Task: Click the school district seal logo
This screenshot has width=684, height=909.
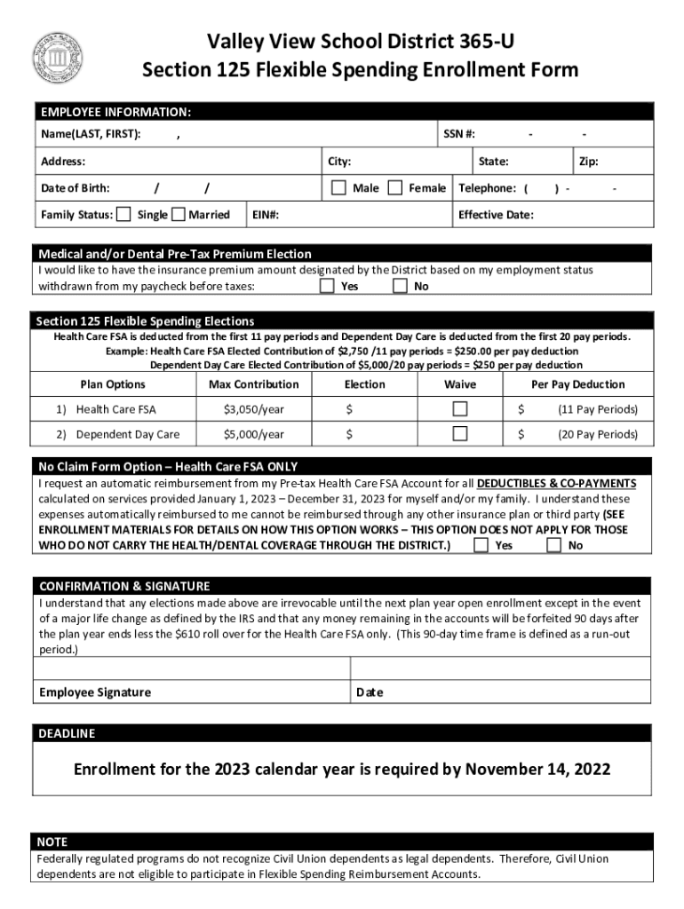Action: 58,58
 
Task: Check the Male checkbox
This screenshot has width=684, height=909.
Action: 338,187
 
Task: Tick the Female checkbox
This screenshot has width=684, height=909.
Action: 395,187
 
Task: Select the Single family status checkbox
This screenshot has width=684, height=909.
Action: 123,214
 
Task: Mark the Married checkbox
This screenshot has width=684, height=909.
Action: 179,214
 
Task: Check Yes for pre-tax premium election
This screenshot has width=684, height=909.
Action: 327,286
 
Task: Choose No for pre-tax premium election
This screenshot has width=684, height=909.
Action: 401,286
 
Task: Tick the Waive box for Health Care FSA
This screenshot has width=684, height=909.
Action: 460,408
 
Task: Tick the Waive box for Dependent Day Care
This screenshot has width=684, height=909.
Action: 460,434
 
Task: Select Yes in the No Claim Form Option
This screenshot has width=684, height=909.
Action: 481,545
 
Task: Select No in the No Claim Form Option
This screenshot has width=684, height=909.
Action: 554,545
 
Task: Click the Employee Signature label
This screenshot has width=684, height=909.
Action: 95,692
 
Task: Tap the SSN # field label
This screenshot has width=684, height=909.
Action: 459,134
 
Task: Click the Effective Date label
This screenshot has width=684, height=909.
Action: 496,215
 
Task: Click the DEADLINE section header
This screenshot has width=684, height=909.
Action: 66,734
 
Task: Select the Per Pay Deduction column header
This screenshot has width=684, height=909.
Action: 577,384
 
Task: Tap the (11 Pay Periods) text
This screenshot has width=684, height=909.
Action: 598,409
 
